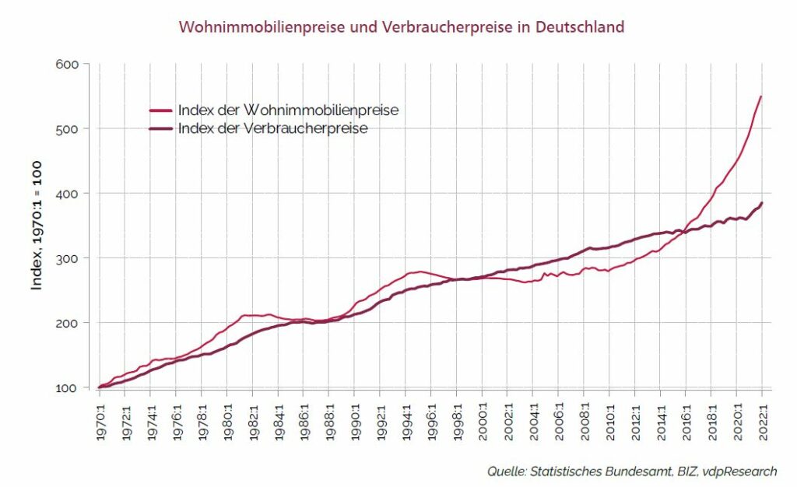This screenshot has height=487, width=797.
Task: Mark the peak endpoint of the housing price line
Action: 761,96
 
